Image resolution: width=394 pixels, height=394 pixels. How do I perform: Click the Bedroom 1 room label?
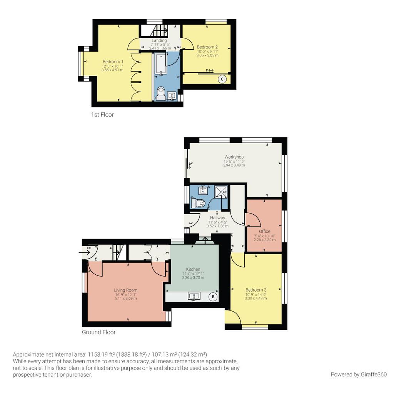pyautogui.click(x=113, y=62)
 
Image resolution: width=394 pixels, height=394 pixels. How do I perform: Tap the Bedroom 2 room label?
pyautogui.click(x=207, y=47)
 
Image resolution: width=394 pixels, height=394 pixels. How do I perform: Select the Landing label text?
pyautogui.click(x=159, y=40)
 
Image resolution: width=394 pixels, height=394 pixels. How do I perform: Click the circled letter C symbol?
pyautogui.click(x=222, y=79)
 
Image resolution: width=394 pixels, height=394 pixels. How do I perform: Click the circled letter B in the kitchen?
pyautogui.click(x=213, y=297)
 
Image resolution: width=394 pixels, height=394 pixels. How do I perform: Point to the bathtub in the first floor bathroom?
pyautogui.click(x=160, y=64)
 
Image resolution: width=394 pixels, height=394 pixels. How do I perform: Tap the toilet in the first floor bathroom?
pyautogui.click(x=161, y=92)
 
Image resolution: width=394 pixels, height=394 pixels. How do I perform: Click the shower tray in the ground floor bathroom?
pyautogui.click(x=221, y=191)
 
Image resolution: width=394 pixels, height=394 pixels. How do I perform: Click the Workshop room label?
pyautogui.click(x=234, y=157)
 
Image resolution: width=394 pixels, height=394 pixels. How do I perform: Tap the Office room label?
pyautogui.click(x=264, y=231)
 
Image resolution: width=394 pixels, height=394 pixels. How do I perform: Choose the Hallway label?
pyautogui.click(x=217, y=218)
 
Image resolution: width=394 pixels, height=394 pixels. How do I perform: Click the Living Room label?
pyautogui.click(x=125, y=290)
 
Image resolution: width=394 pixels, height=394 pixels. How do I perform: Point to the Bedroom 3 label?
pyautogui.click(x=256, y=290)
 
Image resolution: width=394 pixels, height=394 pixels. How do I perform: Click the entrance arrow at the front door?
pyautogui.click(x=83, y=252)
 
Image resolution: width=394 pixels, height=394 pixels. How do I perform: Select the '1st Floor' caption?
pyautogui.click(x=102, y=115)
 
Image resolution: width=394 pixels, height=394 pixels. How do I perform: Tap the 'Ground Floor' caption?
pyautogui.click(x=99, y=332)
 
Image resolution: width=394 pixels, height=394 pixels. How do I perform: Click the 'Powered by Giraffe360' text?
pyautogui.click(x=359, y=374)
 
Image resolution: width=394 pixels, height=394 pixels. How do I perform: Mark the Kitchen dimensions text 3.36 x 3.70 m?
pyautogui.click(x=193, y=277)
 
